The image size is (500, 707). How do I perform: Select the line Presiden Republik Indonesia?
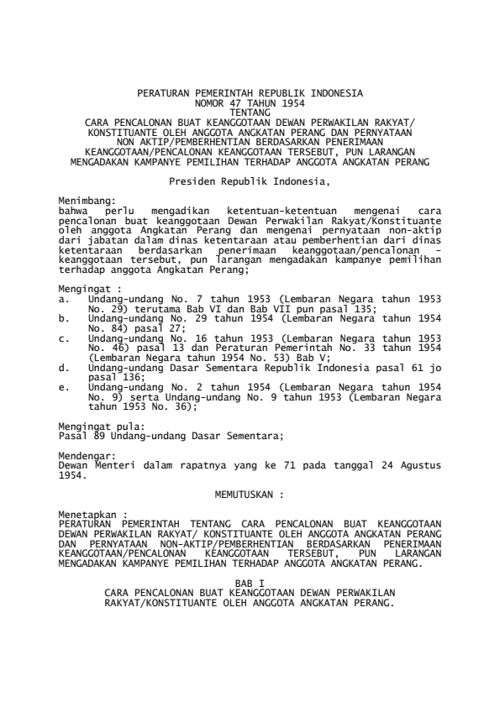pyautogui.click(x=250, y=181)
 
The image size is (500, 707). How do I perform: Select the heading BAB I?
pyautogui.click(x=250, y=580)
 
